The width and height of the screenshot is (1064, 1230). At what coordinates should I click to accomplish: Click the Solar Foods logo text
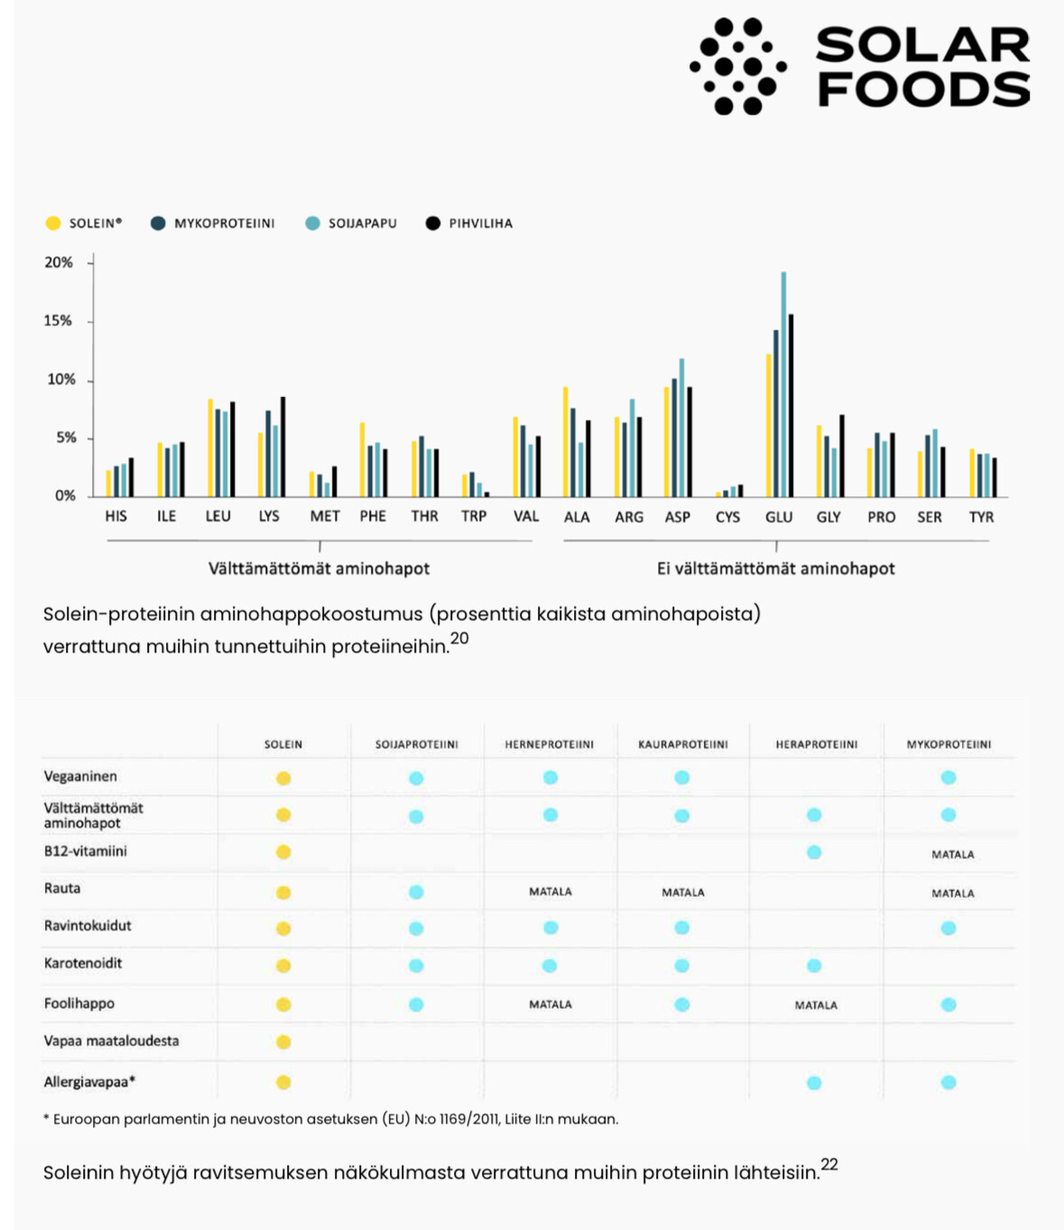922,67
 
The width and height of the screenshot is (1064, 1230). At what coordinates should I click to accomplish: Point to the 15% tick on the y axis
59,321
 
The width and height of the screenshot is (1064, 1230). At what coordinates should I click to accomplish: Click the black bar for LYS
282,447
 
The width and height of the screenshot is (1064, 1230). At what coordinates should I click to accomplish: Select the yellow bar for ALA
566,441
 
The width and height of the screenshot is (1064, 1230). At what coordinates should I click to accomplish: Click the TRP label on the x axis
474,516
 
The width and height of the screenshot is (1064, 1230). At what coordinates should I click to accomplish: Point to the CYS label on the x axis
727,517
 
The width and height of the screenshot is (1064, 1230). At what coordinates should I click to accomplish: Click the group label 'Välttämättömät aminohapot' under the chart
319,569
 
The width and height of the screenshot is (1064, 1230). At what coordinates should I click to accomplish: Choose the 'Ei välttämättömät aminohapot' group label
775,569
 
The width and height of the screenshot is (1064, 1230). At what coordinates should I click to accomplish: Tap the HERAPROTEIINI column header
816,744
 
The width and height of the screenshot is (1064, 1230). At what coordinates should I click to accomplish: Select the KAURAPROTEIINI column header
682,744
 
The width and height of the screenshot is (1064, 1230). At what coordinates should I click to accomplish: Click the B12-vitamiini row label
86,851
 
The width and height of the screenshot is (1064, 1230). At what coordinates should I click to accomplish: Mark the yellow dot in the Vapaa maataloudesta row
283,1042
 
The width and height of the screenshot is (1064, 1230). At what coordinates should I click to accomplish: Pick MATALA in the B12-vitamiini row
952,855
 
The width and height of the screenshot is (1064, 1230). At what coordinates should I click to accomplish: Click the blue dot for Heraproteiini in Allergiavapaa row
814,1083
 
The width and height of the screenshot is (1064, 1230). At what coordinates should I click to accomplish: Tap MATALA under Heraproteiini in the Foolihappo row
816,1005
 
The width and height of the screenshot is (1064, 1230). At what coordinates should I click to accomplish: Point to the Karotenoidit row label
83,963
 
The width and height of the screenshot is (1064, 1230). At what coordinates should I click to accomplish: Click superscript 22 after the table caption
829,1164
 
